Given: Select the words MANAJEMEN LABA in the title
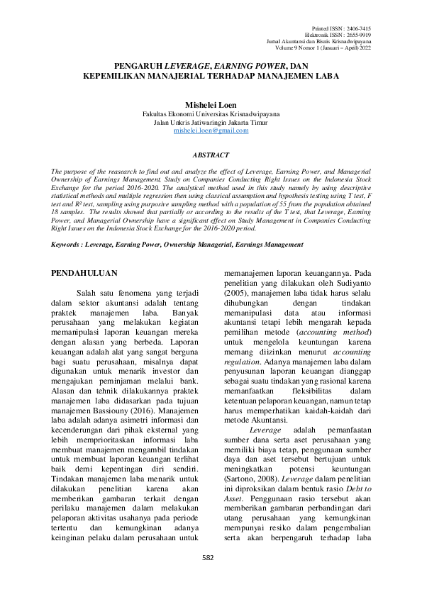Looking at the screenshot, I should click(291, 74).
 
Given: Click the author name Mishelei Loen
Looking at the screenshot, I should click(211, 104).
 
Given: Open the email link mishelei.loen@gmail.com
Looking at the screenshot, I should click(211, 130).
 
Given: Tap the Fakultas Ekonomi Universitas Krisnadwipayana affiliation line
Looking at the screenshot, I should click(211, 113).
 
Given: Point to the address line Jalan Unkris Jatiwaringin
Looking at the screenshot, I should click(211, 121).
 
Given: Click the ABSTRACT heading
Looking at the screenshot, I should click(211, 154).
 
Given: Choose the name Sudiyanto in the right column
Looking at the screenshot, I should click(348, 281).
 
